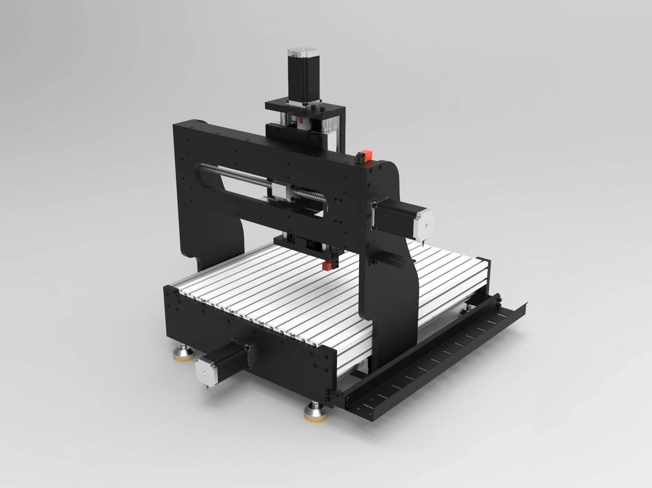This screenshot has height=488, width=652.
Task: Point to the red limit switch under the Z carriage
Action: tap(326, 266)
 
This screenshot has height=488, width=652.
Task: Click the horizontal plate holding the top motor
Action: tap(304, 107)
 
